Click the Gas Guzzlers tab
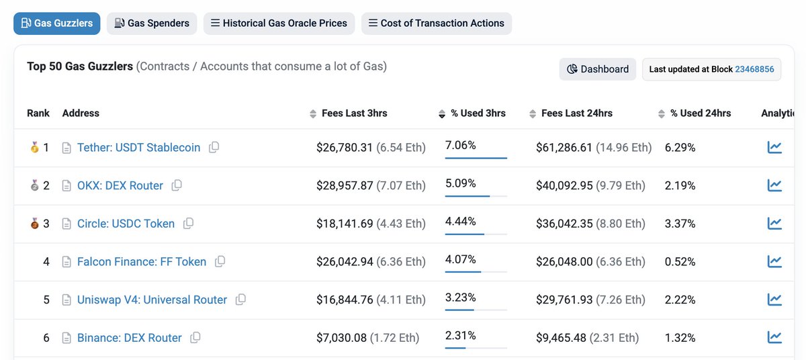57,23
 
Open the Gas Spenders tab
152,23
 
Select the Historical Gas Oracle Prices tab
279,23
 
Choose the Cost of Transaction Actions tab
437,23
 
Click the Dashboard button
597,69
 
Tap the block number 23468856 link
754,69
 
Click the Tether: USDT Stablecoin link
138,147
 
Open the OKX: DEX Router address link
120,185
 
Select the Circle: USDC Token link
126,224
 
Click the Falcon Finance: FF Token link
141,261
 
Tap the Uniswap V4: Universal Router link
152,300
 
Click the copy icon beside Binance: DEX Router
195,338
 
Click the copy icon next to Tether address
214,147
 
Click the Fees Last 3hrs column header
354,113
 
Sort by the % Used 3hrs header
478,113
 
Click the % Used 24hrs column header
700,113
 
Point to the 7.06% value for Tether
460,145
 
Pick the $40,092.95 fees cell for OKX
564,185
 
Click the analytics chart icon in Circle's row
774,224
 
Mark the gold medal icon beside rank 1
35,147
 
